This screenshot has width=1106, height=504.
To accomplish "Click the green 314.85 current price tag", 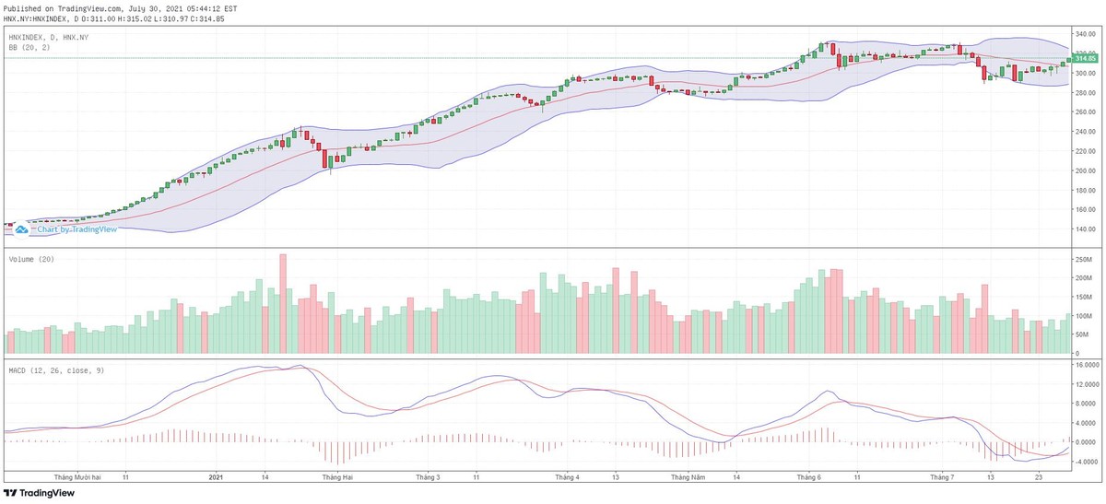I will tap(1085, 58).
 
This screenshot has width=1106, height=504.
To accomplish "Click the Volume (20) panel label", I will tap(31, 259).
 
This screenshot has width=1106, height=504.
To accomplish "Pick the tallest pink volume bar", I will tap(283, 304).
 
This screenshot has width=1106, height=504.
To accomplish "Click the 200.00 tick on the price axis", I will tap(1083, 171).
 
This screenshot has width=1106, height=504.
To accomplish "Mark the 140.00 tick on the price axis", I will tap(1083, 229).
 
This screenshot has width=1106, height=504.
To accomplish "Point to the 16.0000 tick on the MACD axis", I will tap(1085, 365).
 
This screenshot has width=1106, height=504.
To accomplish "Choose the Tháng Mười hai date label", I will tap(77, 477).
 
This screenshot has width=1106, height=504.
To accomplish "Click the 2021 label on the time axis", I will tap(216, 477).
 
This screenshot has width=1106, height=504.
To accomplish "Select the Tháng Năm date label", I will tap(686, 477).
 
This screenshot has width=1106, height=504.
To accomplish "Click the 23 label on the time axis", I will tap(1039, 477).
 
